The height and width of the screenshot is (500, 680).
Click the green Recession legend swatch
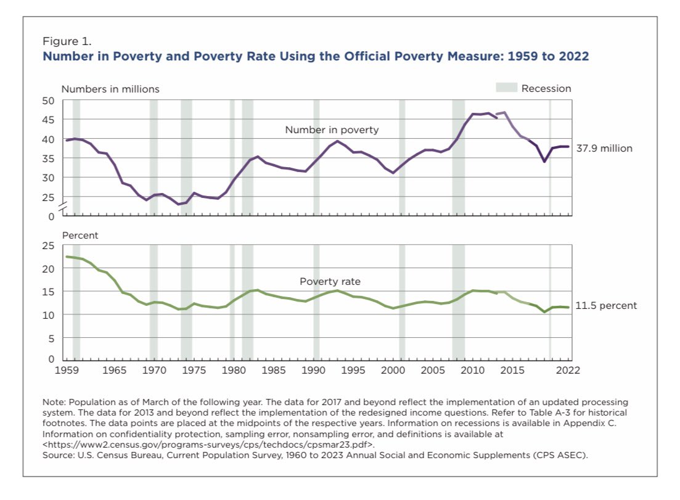[506, 88]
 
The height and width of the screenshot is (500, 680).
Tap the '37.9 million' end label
[604, 148]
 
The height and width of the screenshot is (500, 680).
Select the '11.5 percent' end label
[606, 305]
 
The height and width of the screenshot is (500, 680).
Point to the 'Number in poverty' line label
[332, 130]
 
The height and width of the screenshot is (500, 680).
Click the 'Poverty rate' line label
[330, 282]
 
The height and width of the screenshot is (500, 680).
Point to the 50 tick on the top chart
[49, 100]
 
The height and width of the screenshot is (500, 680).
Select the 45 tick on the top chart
[49, 120]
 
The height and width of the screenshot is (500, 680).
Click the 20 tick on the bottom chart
[49, 269]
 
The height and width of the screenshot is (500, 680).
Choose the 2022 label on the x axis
[568, 371]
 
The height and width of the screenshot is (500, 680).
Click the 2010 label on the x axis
[473, 371]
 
